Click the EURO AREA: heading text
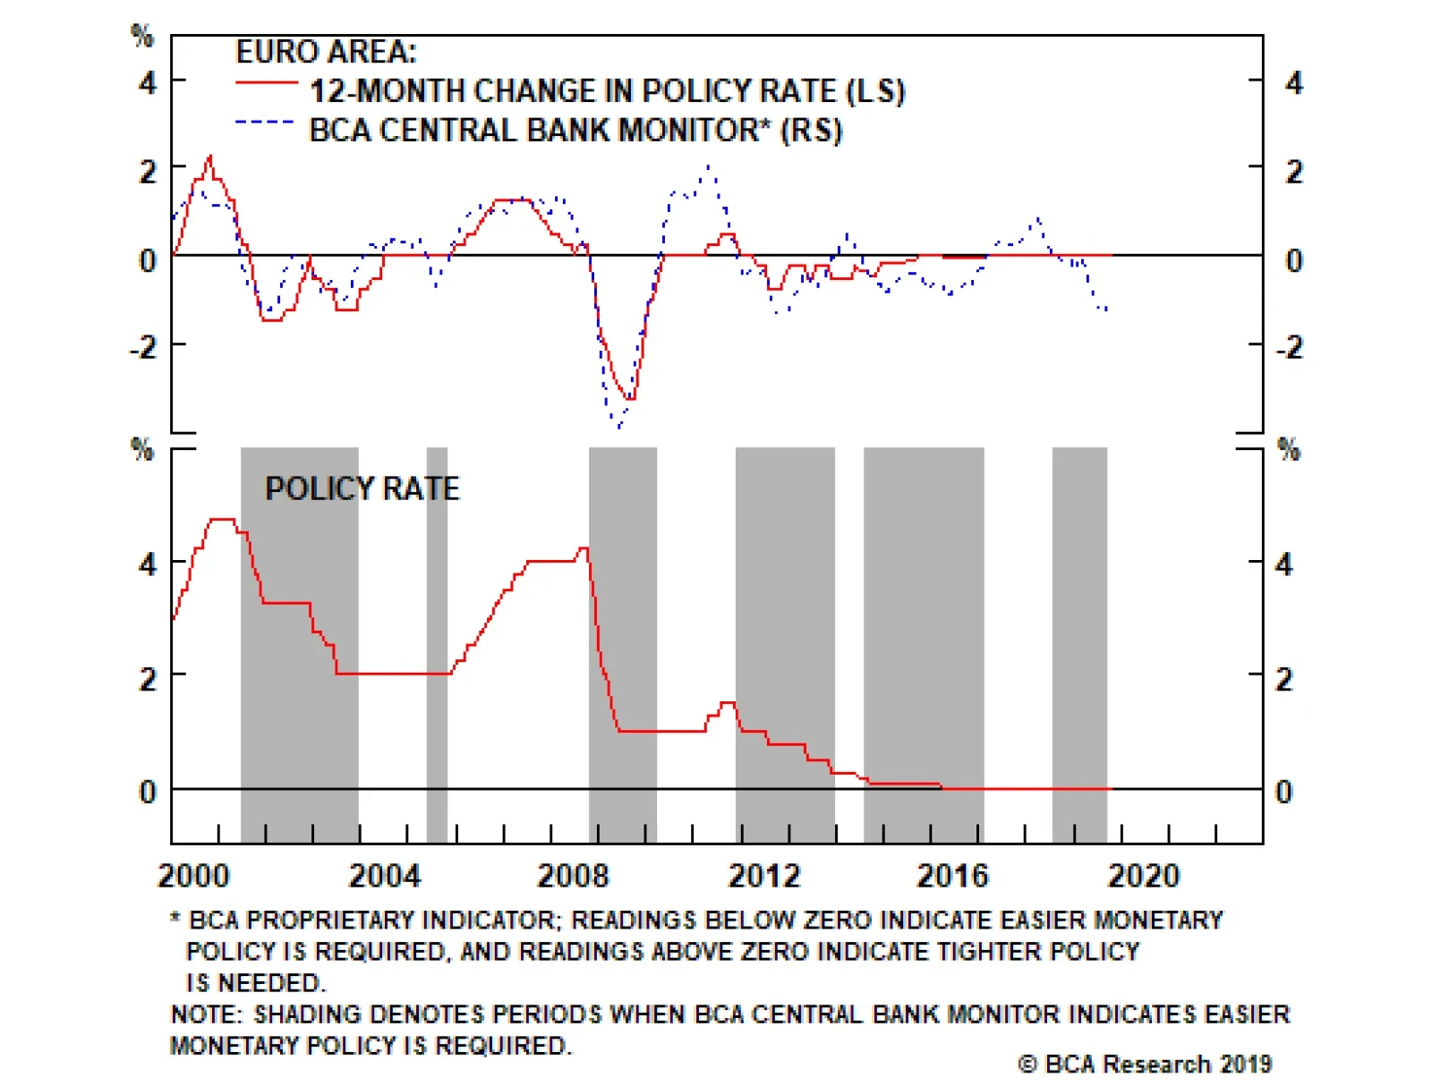(x=326, y=52)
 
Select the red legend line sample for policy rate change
(x=266, y=83)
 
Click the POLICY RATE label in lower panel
(x=362, y=488)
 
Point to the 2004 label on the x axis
(x=384, y=875)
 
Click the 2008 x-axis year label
(x=573, y=875)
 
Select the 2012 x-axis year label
(x=763, y=875)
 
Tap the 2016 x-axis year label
(x=952, y=875)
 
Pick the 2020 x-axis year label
(x=1143, y=875)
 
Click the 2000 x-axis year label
(x=193, y=875)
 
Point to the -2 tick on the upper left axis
(x=143, y=347)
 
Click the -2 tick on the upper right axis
(x=1290, y=347)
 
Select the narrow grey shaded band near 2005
(x=437, y=644)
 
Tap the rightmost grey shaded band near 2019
(x=1079, y=644)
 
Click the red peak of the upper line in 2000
(x=209, y=157)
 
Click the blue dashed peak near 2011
(x=709, y=166)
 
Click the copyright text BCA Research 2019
(x=1146, y=1064)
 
